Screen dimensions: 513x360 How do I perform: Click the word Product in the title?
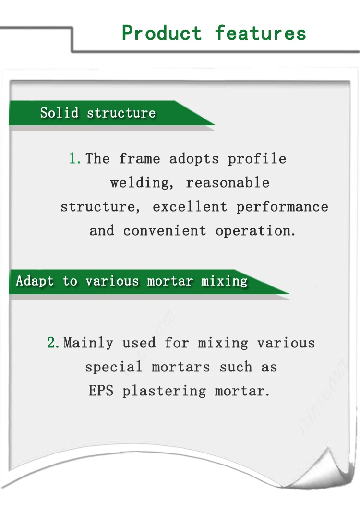click(162, 34)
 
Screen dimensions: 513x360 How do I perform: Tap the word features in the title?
click(260, 34)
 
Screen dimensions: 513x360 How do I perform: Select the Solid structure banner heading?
click(98, 113)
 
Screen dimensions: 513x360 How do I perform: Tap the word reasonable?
click(228, 183)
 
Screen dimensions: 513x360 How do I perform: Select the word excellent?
click(190, 207)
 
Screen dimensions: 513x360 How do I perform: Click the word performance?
click(282, 207)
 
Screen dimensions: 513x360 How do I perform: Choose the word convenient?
click(165, 231)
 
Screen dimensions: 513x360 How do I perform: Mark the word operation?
click(255, 231)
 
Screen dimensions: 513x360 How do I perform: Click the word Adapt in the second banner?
click(35, 281)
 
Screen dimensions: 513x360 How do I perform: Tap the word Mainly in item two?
click(88, 343)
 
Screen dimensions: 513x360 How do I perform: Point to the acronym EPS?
click(101, 391)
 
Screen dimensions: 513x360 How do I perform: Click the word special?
click(114, 367)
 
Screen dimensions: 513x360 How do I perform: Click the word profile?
click(257, 159)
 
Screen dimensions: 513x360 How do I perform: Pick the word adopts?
click(194, 159)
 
